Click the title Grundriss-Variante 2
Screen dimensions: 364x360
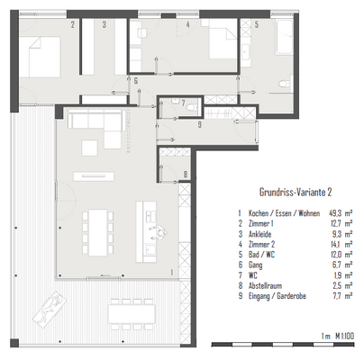pyautogui.click(x=296, y=192)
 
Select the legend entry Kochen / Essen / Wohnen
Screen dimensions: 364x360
pyautogui.click(x=284, y=213)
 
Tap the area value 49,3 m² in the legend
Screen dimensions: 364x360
pyautogui.click(x=341, y=213)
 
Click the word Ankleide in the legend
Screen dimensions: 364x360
pyautogui.click(x=260, y=234)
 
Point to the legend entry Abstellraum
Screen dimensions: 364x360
pyautogui.click(x=265, y=285)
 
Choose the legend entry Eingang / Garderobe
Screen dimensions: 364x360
pyautogui.click(x=278, y=296)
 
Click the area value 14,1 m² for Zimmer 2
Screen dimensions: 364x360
pyautogui.click(x=341, y=245)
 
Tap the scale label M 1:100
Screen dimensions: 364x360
pyautogui.click(x=345, y=336)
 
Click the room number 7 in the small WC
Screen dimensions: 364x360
pyautogui.click(x=183, y=103)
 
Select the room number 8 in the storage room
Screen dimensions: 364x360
pyautogui.click(x=186, y=174)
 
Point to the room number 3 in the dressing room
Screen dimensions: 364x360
pyautogui.click(x=104, y=24)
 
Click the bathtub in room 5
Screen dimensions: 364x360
pyautogui.click(x=284, y=37)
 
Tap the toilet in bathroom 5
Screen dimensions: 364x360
pyautogui.click(x=285, y=83)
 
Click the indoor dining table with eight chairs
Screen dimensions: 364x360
pyautogui.click(x=98, y=232)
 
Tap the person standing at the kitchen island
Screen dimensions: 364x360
pyautogui.click(x=159, y=232)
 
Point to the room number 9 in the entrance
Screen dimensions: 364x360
pyautogui.click(x=200, y=125)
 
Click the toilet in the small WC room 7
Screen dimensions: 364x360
pyautogui.click(x=192, y=107)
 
